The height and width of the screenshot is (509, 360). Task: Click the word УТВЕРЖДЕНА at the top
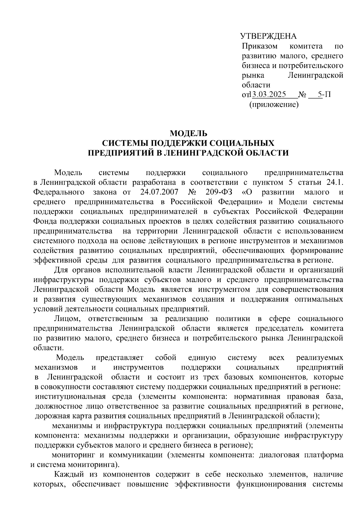click(268, 36)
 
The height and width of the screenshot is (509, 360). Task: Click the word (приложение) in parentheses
click(274, 105)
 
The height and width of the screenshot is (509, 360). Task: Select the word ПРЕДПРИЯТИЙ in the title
click(121, 153)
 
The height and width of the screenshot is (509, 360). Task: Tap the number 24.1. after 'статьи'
click(335, 182)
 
